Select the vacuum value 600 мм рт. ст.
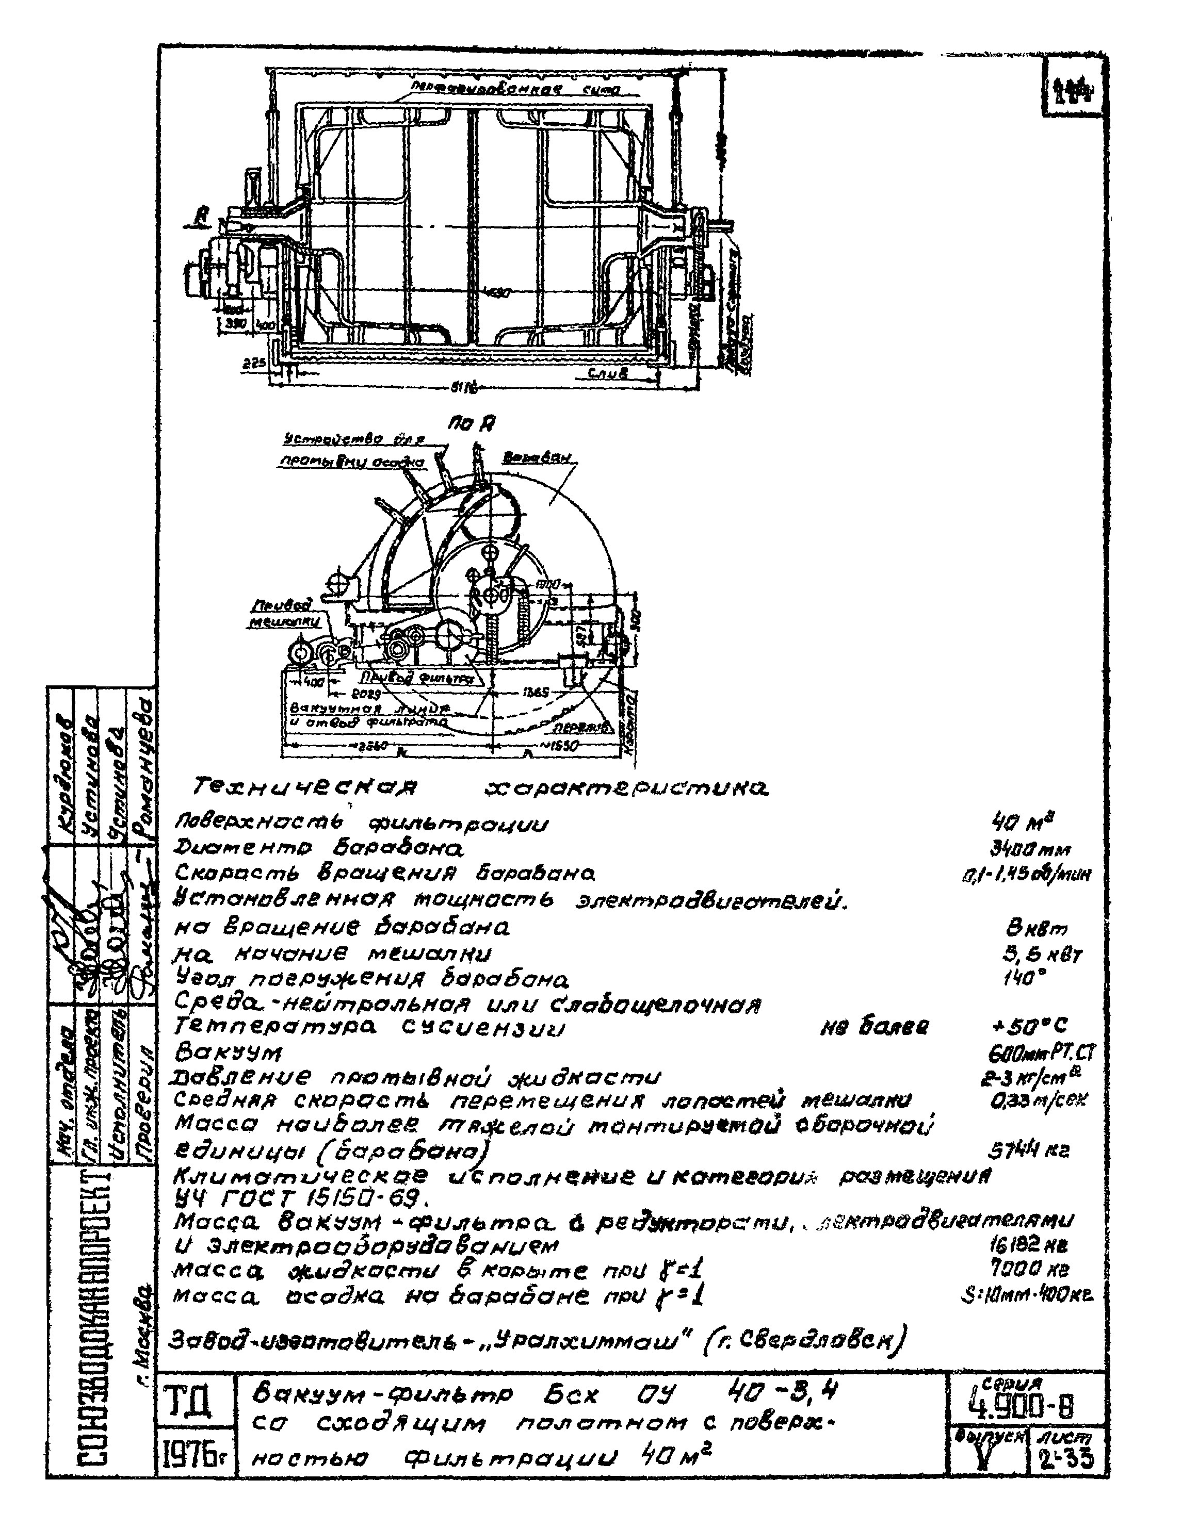point(1039,1054)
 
